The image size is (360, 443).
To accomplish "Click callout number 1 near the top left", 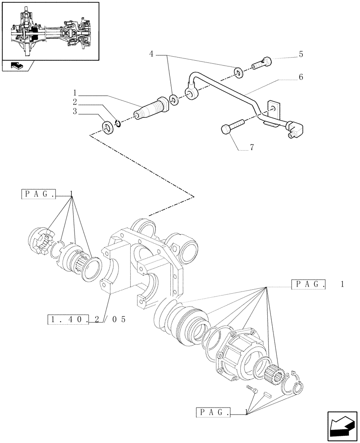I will tap(75, 93).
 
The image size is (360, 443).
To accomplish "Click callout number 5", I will tap(301, 54).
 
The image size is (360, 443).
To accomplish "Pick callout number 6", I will tap(301, 77).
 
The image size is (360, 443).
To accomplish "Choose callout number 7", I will tap(251, 148).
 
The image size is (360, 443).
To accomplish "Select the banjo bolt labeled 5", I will tap(262, 64).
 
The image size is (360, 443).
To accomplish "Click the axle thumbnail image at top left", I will tap(50, 31).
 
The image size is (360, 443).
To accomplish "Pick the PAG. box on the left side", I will tap(39, 194).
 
